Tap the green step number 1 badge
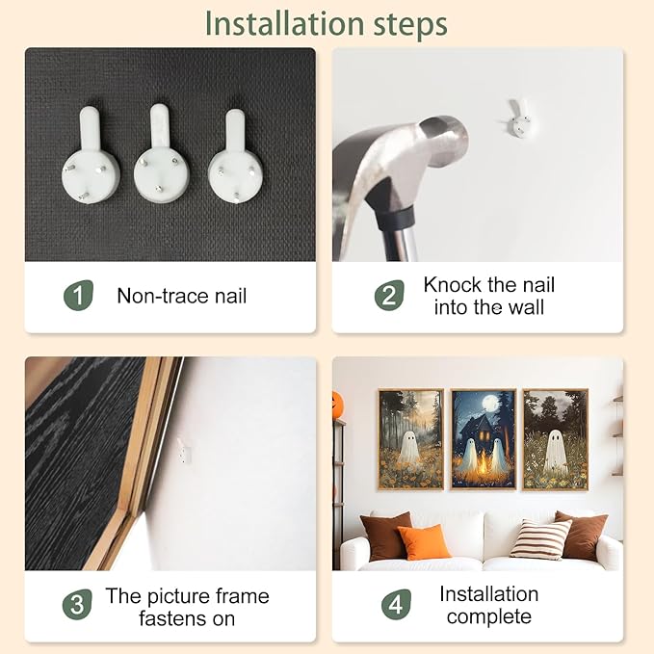pos(78,296)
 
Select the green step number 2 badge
pos(389,296)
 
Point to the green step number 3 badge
pos(77,604)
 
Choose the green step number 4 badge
pos(396,604)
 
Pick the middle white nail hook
pos(162,153)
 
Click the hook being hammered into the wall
pos(519,118)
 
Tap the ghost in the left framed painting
pos(408,447)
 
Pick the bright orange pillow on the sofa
pos(423,542)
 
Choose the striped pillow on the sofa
pos(541,539)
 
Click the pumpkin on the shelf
pos(337,405)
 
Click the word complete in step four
pos(489,616)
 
